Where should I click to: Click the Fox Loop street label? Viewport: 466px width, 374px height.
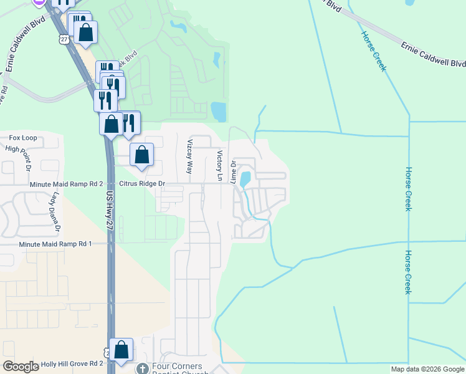(x=22, y=138)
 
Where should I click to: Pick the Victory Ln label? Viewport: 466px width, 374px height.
(x=219, y=166)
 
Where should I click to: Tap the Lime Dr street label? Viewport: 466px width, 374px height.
(x=234, y=172)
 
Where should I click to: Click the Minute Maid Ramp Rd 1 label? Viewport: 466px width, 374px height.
(x=55, y=244)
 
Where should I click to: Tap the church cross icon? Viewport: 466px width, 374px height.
(x=143, y=368)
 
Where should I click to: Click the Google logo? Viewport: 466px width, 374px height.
(x=21, y=367)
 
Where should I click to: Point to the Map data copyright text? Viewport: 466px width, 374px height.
(x=428, y=369)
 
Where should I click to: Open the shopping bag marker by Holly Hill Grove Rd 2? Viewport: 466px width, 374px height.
(x=121, y=350)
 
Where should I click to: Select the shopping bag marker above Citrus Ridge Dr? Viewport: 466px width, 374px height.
(x=142, y=154)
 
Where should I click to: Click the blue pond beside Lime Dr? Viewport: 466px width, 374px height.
(x=245, y=179)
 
